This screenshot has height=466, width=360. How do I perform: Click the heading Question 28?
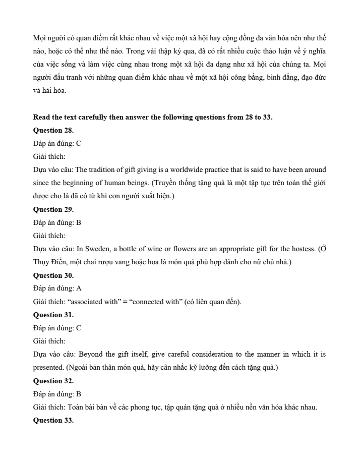(x=53, y=130)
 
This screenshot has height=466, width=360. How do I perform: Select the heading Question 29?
(x=53, y=209)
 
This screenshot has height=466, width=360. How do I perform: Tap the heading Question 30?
(x=53, y=275)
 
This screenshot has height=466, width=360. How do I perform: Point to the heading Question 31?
(x=53, y=315)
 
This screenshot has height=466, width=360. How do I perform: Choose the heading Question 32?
(x=53, y=381)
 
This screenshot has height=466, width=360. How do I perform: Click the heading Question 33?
(x=53, y=420)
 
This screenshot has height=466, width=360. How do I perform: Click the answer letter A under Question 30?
(x=79, y=288)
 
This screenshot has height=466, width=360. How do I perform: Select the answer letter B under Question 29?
(x=79, y=222)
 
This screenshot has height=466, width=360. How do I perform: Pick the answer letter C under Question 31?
(x=79, y=328)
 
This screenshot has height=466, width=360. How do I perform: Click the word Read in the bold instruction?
(x=42, y=117)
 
